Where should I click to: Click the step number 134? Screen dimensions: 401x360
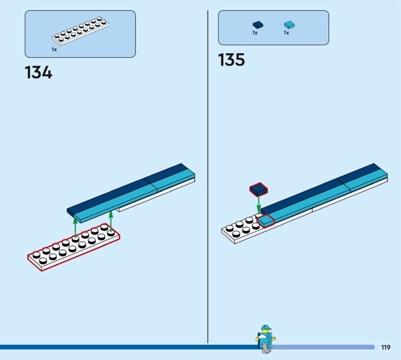tap(39, 72)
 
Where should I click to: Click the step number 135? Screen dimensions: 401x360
tap(232, 60)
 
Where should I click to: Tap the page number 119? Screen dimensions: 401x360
tap(385, 347)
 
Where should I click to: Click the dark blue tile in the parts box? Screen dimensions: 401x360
tap(258, 25)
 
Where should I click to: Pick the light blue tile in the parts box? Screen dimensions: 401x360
tap(289, 25)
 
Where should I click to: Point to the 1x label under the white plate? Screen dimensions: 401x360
tap(54, 50)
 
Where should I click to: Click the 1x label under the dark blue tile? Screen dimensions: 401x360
tap(255, 33)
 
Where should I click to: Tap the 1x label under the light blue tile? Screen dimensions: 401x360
tap(286, 33)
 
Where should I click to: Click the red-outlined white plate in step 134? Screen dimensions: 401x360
tap(74, 247)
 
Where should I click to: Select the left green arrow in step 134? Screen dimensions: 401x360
tap(75, 228)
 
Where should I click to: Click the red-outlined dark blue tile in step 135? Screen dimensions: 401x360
tap(259, 190)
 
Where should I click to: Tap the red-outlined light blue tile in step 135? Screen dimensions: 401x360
tap(266, 221)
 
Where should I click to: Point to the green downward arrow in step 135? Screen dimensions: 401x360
tap(259, 205)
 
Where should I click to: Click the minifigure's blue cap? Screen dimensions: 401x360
tap(266, 328)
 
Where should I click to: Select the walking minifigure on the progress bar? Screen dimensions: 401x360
tap(266, 339)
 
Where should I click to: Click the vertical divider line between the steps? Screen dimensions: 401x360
tap(208, 176)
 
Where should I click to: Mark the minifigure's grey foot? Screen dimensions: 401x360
tap(266, 350)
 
